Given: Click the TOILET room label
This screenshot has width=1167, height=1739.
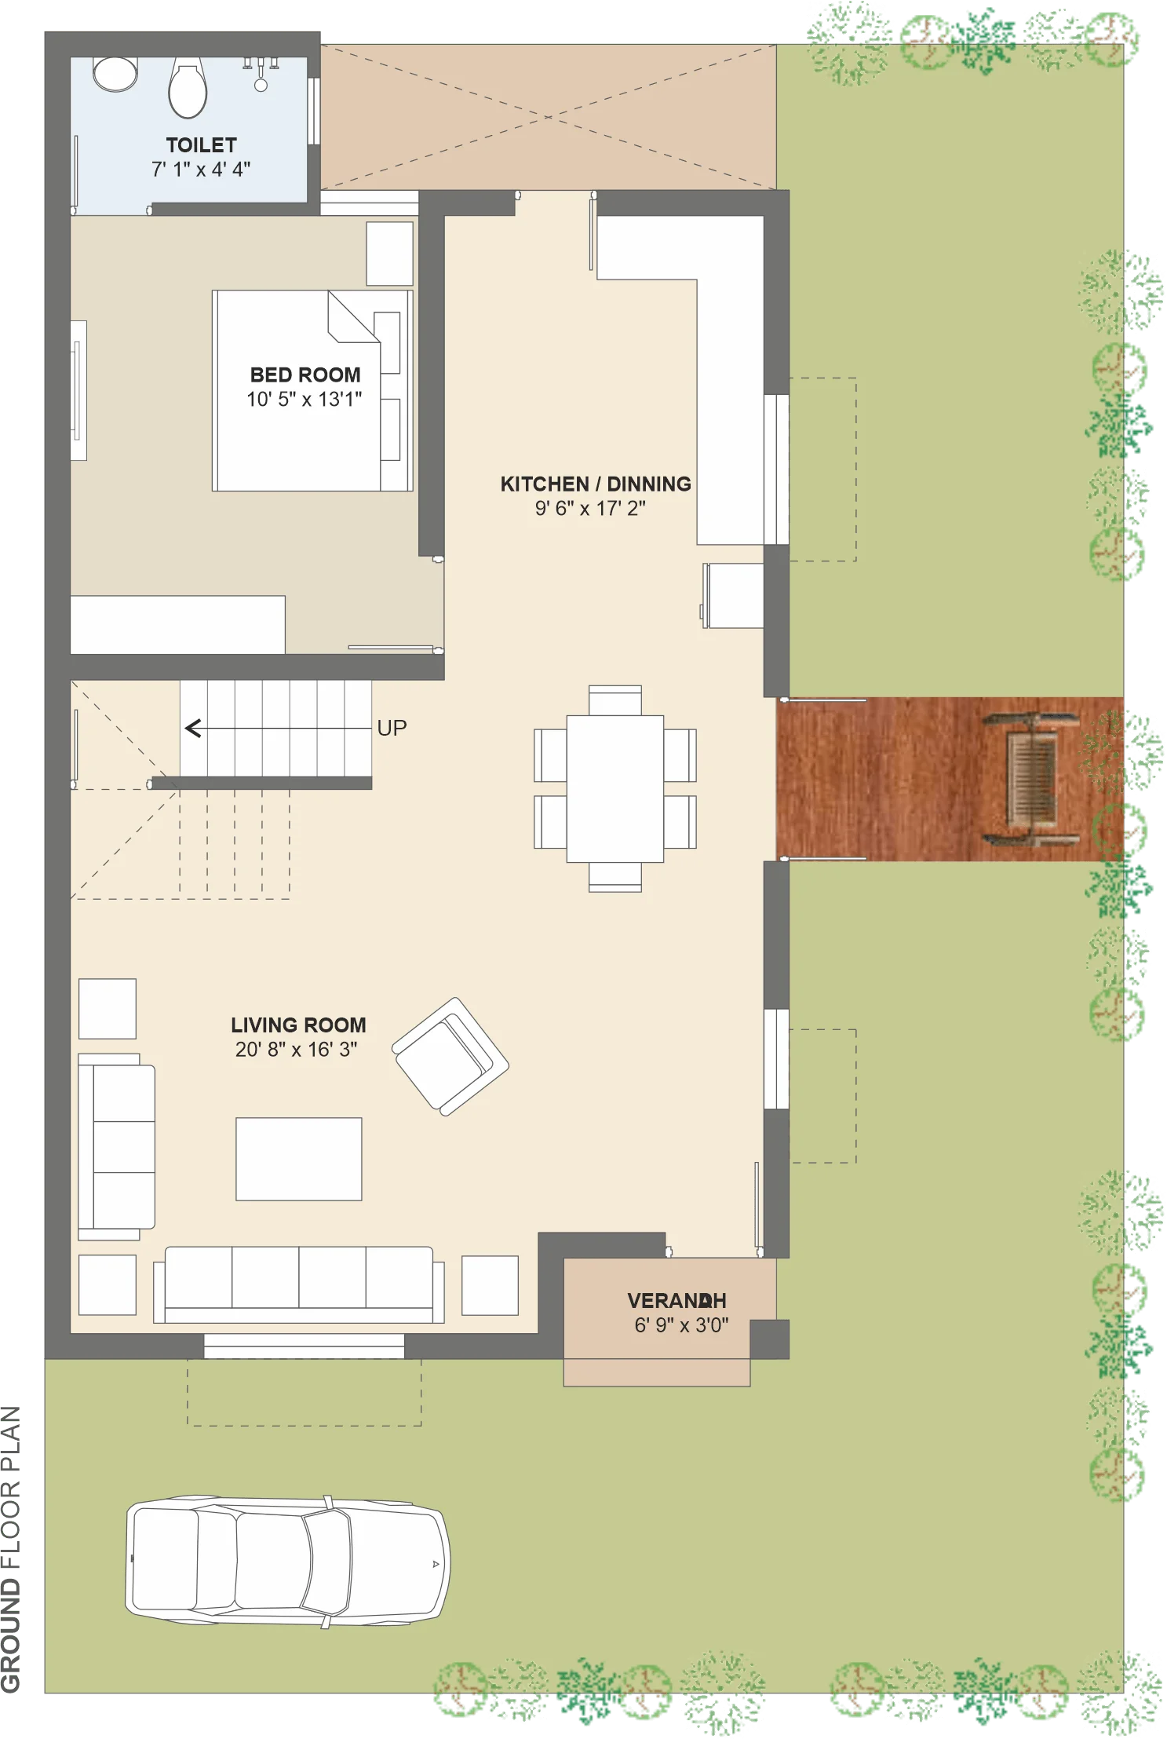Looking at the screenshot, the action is (201, 145).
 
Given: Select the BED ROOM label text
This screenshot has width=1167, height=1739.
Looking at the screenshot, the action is (305, 374).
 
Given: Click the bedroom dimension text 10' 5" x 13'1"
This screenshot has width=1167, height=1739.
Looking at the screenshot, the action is (305, 400).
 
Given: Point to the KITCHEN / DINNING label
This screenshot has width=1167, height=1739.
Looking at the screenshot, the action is (596, 484).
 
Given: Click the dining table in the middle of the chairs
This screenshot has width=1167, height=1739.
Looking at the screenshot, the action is (615, 788).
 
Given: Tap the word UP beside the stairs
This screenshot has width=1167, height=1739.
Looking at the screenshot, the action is (392, 728).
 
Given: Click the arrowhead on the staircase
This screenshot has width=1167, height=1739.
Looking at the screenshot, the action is (192, 729).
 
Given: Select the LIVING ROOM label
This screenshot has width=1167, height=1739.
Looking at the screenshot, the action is (298, 1025).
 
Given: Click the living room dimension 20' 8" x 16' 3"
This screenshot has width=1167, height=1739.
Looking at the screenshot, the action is (297, 1050).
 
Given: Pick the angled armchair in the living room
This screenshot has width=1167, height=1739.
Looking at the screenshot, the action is (450, 1056).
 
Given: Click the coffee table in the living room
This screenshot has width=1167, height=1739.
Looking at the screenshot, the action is (299, 1159).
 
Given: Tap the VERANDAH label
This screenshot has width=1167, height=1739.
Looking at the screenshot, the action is (676, 1301).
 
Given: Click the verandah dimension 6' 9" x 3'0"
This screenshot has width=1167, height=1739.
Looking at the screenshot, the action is (681, 1325).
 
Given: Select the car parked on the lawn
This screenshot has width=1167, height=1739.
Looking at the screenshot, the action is (287, 1561).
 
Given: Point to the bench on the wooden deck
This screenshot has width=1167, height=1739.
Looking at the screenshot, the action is (1030, 779).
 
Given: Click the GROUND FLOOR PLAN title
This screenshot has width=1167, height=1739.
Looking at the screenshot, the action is (11, 1549).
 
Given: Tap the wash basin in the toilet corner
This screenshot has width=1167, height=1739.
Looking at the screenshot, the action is (115, 74).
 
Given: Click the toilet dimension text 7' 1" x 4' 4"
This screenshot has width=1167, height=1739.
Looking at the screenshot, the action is (201, 170).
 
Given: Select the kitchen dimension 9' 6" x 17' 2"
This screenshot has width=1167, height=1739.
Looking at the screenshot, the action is (590, 509).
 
